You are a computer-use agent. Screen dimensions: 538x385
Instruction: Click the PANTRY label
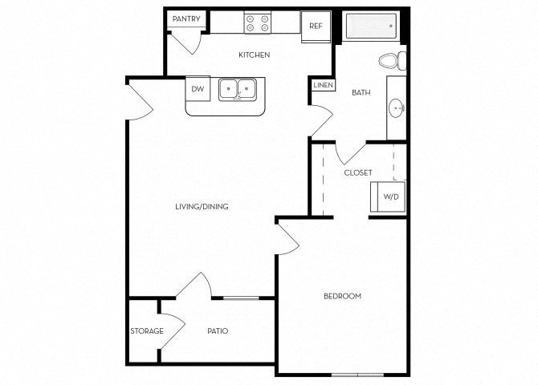point(186,19)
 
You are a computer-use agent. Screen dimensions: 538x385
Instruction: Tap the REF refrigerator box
point(316,26)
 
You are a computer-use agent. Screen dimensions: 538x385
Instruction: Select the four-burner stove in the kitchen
point(257,23)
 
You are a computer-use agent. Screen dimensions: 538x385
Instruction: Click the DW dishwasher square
point(198,89)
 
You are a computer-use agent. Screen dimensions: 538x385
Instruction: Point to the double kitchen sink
point(238,90)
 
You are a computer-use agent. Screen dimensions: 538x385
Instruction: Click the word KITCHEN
point(255,55)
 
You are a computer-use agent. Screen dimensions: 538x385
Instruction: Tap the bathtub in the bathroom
point(371,26)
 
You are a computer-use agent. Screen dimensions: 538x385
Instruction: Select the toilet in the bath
point(393,61)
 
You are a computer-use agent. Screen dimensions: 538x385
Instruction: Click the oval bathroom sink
point(397,108)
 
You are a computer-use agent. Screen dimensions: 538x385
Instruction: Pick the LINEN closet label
point(324,85)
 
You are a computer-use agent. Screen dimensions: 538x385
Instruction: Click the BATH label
point(361,92)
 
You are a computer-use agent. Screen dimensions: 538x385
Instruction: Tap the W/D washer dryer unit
point(388,197)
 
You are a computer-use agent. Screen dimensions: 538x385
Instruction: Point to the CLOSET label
point(358,172)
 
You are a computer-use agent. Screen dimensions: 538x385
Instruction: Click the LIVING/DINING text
point(202,207)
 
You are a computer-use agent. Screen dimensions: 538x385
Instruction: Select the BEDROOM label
point(342,296)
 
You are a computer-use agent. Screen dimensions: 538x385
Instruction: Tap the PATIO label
point(218,331)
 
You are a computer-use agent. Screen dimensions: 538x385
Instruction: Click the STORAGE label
point(147,331)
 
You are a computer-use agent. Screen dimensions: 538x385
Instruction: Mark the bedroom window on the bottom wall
point(357,375)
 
